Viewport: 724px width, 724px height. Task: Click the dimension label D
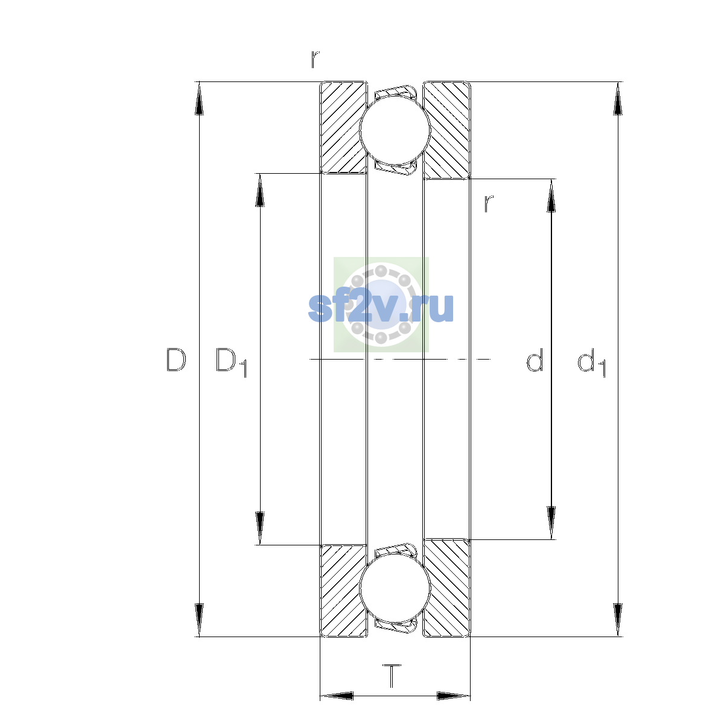[x=176, y=360]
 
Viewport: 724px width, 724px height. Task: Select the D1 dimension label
[x=231, y=362]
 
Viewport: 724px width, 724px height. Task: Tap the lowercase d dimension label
[x=535, y=360]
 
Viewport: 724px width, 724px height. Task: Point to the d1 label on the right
[x=591, y=362]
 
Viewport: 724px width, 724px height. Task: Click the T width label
[x=392, y=676]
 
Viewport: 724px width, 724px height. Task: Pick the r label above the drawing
[x=315, y=59]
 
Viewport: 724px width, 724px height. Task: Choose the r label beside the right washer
[x=489, y=204]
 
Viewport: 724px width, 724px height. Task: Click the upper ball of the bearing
[x=395, y=130]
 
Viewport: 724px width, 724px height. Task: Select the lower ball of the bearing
[x=395, y=589]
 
